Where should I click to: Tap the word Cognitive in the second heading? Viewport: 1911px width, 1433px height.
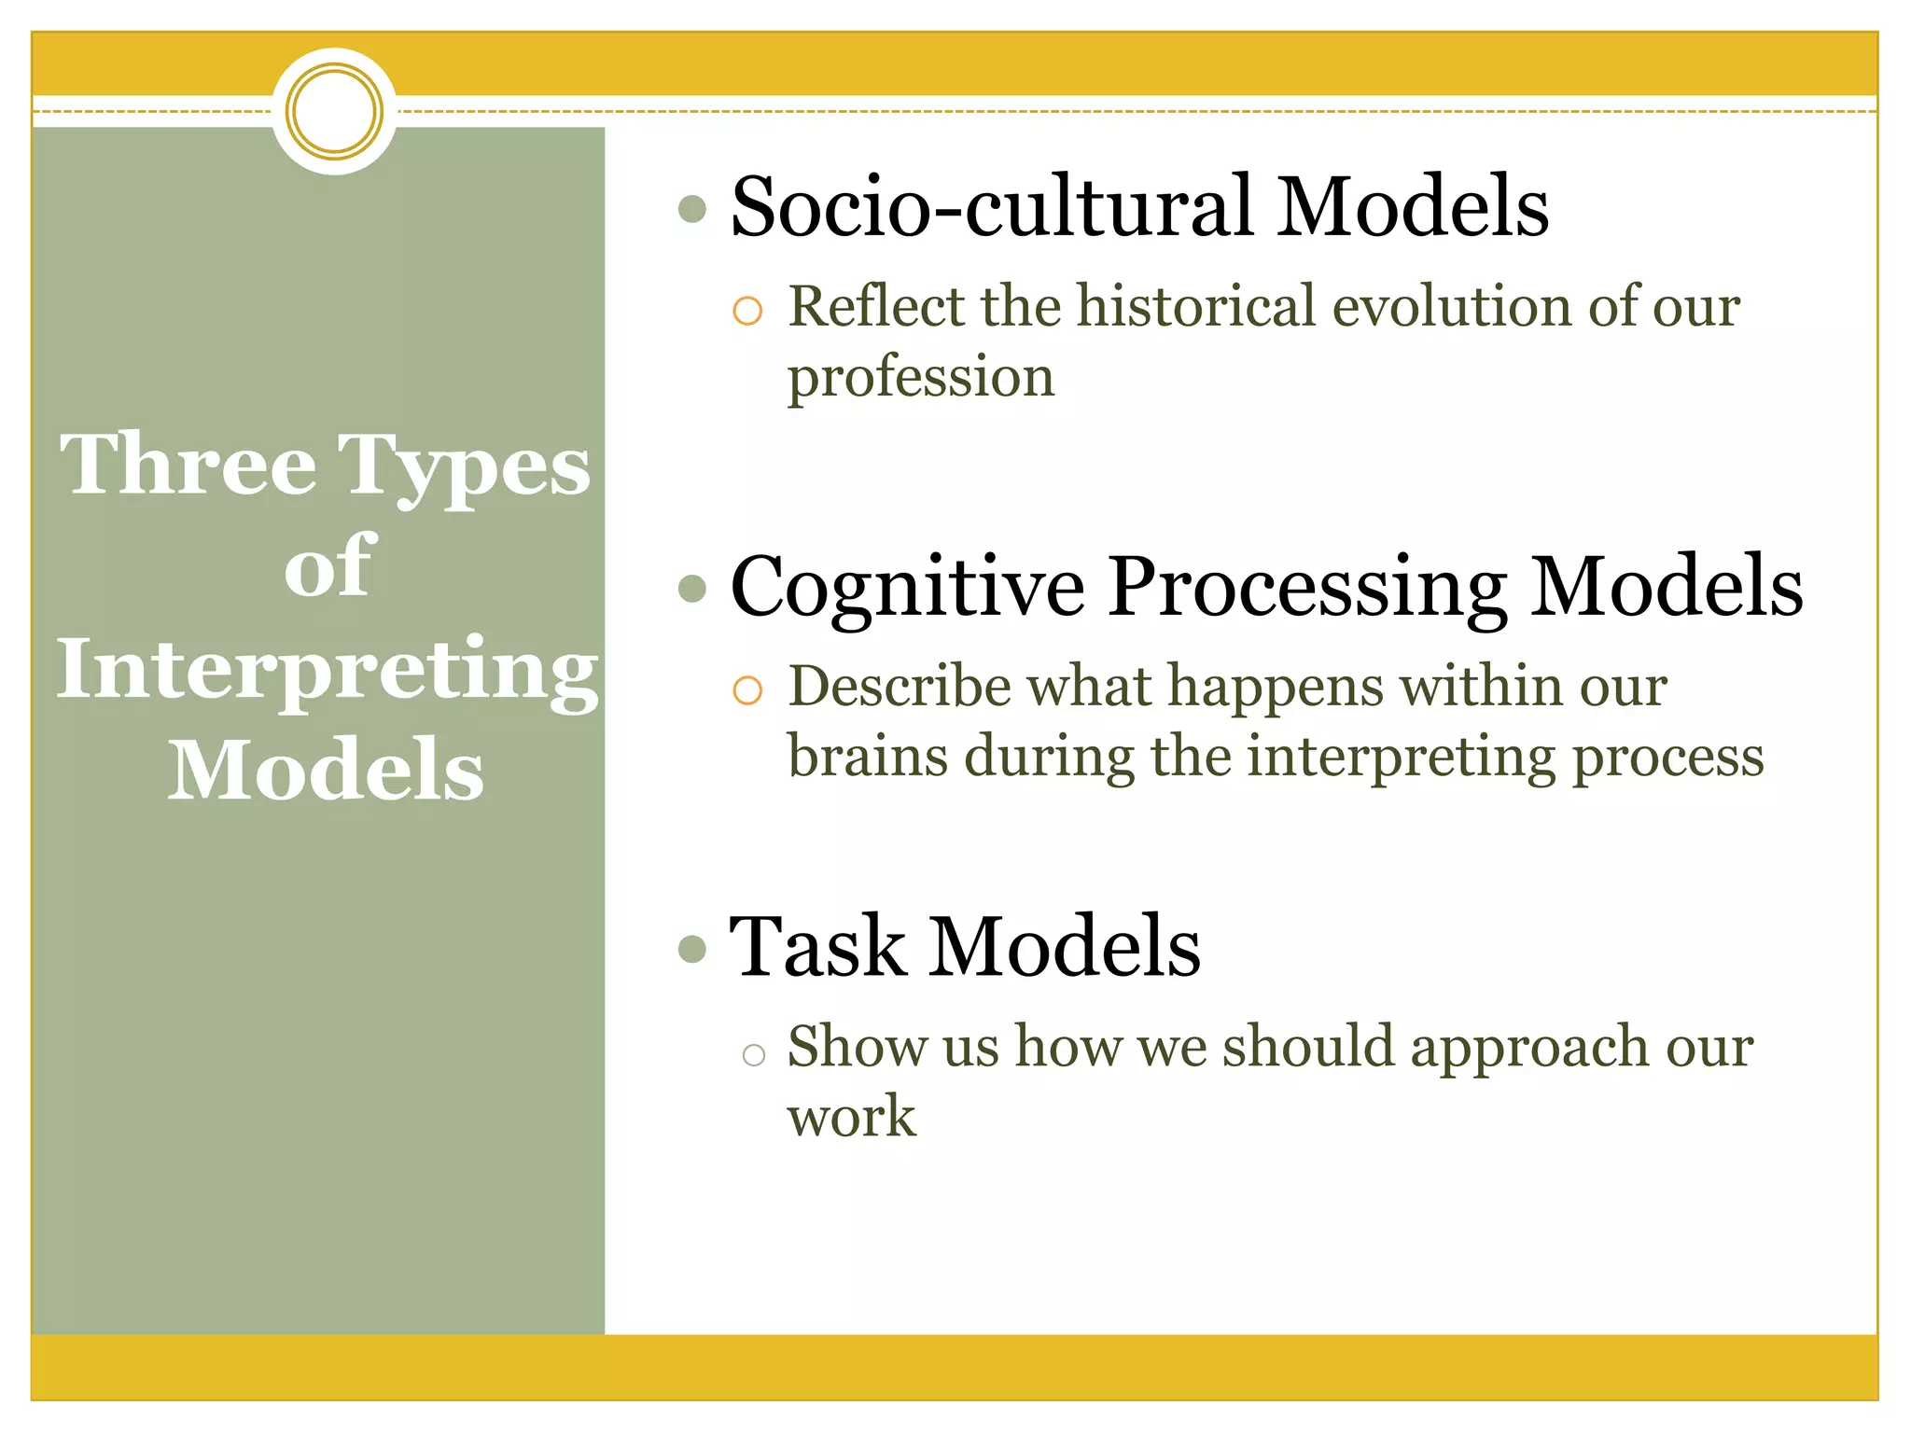[907, 588]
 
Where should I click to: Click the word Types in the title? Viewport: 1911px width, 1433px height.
[464, 466]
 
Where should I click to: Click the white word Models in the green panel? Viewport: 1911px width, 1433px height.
[326, 770]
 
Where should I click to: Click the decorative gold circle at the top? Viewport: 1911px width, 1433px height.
[334, 111]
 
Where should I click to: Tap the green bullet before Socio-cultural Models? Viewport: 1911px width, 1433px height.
[692, 209]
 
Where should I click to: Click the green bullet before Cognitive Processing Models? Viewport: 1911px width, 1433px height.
[692, 589]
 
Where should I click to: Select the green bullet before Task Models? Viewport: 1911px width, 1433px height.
[692, 949]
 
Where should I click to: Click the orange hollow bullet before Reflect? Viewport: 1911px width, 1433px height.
[747, 311]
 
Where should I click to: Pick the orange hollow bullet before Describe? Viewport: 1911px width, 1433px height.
[747, 690]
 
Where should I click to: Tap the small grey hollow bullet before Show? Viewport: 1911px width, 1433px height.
[753, 1055]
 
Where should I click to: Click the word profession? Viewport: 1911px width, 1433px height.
[920, 378]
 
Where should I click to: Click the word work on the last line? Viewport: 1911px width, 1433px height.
[851, 1117]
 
